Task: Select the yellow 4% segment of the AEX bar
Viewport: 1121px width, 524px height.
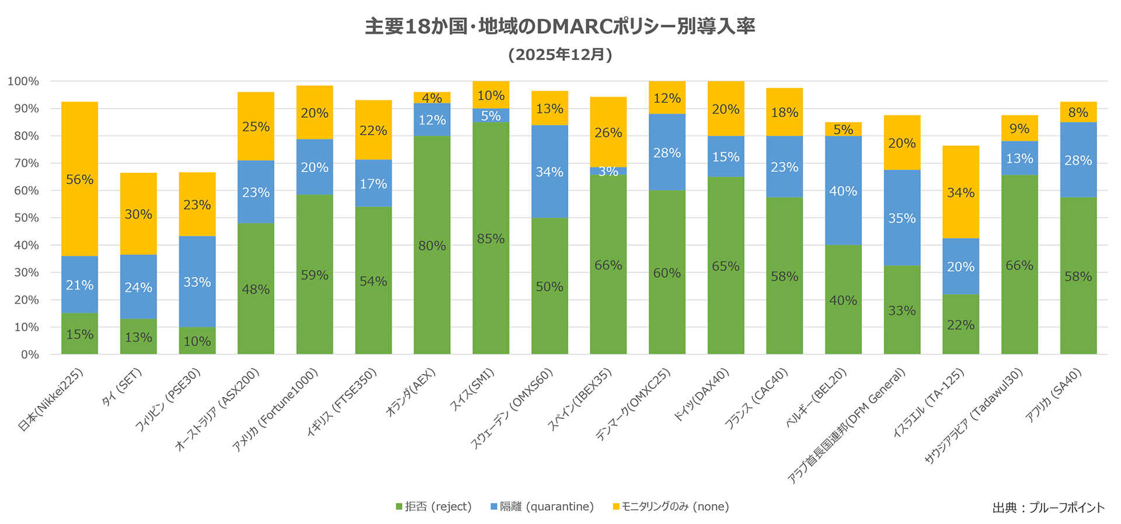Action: click(x=432, y=97)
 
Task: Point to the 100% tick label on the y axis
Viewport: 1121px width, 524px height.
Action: click(x=24, y=81)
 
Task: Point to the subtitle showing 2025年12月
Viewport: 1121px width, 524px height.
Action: click(x=560, y=54)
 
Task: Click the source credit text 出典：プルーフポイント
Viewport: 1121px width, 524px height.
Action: click(x=1048, y=508)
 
